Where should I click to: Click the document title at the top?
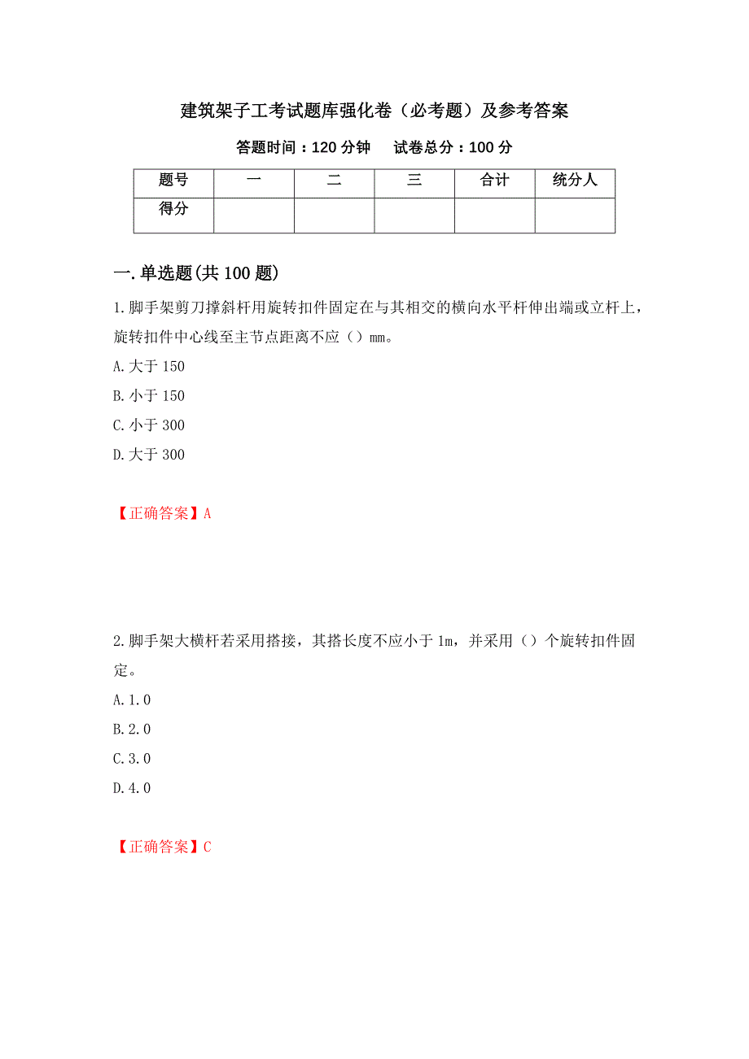[374, 111]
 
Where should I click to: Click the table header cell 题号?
[173, 181]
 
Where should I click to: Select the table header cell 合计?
[494, 181]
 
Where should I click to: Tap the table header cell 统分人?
[575, 181]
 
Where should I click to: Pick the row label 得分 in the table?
[173, 209]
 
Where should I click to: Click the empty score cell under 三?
[414, 216]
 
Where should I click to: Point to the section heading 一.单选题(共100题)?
[197, 273]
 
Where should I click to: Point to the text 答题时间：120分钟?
[303, 147]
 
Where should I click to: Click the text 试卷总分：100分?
[453, 147]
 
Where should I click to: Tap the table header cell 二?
[334, 181]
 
